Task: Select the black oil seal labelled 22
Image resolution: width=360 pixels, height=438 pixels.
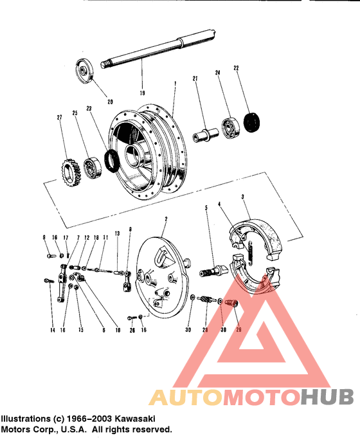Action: [252, 122]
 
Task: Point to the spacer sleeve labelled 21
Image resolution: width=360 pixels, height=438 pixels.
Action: [203, 138]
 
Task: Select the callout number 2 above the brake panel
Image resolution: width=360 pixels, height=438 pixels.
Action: [166, 219]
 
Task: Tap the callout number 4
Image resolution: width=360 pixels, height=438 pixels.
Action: [219, 205]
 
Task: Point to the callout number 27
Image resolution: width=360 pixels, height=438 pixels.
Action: [60, 117]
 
